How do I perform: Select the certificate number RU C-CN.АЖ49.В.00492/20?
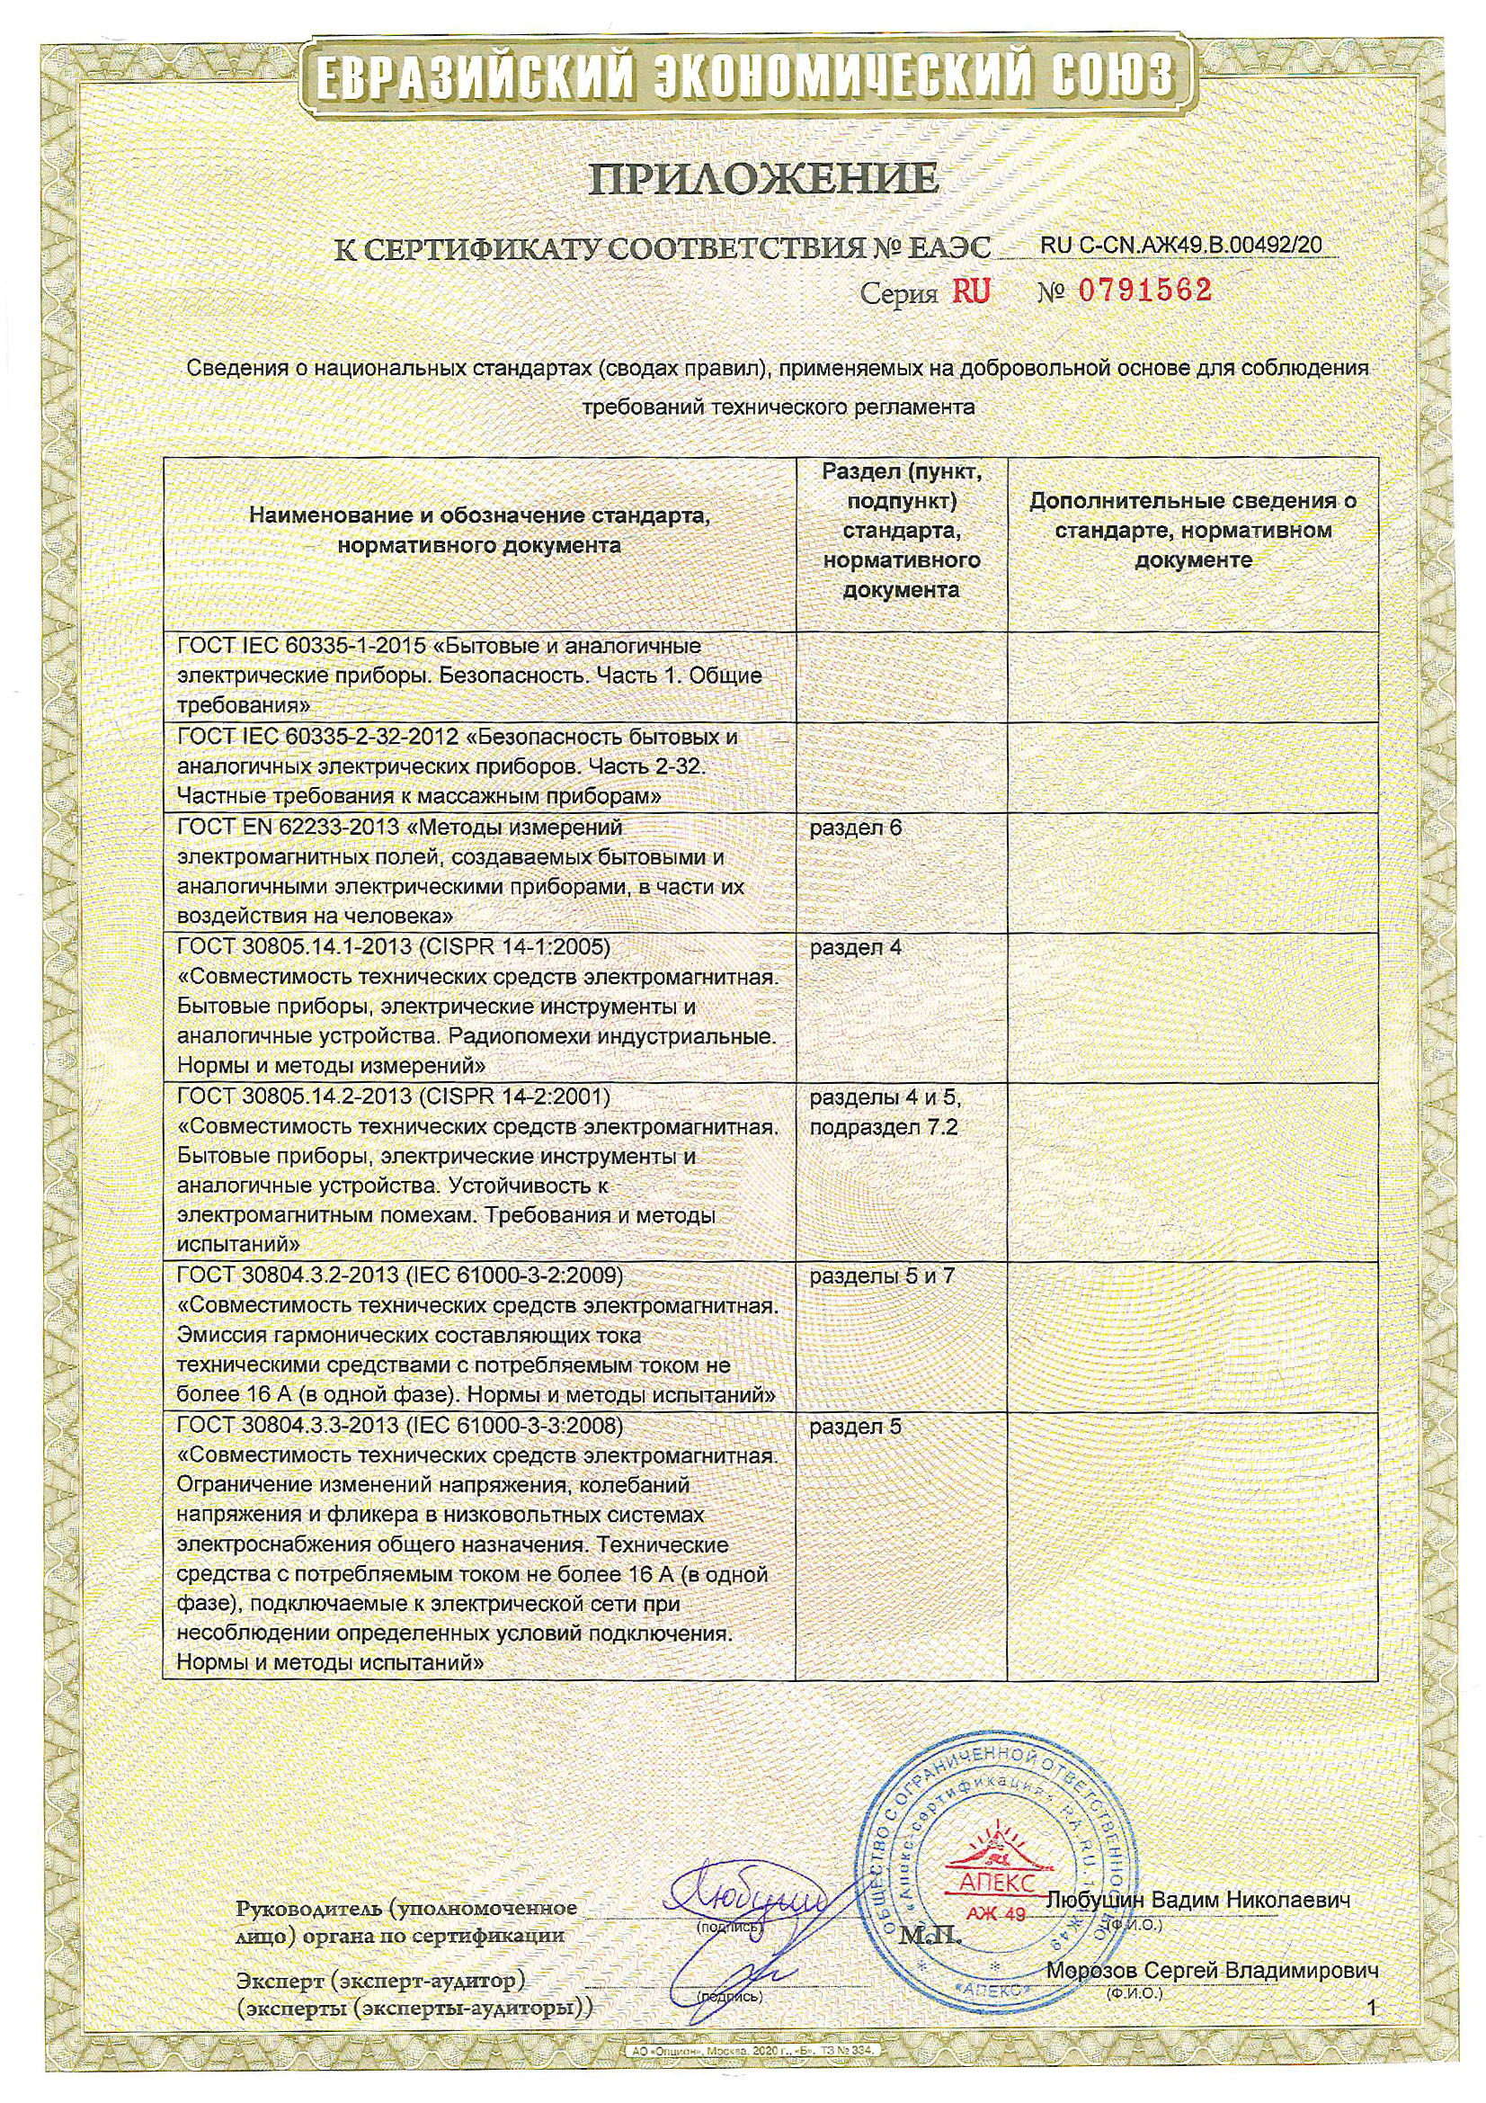click(1181, 245)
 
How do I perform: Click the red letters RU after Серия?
click(972, 291)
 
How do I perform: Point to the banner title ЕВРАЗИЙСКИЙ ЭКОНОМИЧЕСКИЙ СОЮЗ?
click(743, 76)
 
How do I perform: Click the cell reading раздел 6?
click(855, 828)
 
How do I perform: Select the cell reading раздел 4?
click(855, 947)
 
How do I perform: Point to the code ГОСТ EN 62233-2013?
click(287, 828)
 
